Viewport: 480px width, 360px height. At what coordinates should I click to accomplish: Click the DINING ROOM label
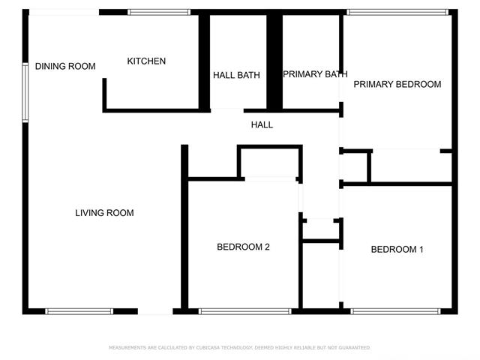click(65, 66)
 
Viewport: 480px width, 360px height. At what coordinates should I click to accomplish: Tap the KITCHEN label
click(146, 61)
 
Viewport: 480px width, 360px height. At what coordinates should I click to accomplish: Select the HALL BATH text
click(236, 75)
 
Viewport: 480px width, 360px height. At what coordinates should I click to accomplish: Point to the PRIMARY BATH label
click(315, 74)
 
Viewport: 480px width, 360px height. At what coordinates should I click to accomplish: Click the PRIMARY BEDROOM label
click(397, 84)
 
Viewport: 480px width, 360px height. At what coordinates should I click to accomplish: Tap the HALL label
click(262, 124)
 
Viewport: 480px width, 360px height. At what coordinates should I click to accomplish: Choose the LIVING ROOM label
click(104, 213)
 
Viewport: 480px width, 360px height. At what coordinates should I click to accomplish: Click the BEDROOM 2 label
click(243, 247)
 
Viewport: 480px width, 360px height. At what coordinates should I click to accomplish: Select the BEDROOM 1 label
click(397, 250)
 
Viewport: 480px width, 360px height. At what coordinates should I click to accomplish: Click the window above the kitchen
click(159, 12)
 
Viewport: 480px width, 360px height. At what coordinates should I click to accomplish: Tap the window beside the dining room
click(25, 92)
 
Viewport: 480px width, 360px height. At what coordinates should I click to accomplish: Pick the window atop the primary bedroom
click(397, 12)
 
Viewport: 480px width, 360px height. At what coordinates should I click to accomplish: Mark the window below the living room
click(79, 312)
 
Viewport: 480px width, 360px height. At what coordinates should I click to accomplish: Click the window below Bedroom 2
click(245, 312)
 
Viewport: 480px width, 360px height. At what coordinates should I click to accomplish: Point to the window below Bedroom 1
click(395, 312)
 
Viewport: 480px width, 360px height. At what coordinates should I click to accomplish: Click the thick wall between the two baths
click(274, 61)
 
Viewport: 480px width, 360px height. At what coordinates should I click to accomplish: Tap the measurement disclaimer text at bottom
click(239, 348)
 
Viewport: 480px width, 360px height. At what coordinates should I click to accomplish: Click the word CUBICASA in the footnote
click(208, 348)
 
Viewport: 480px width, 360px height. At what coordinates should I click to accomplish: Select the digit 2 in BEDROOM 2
click(267, 247)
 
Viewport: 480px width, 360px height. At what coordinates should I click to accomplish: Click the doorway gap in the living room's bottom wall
click(155, 312)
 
